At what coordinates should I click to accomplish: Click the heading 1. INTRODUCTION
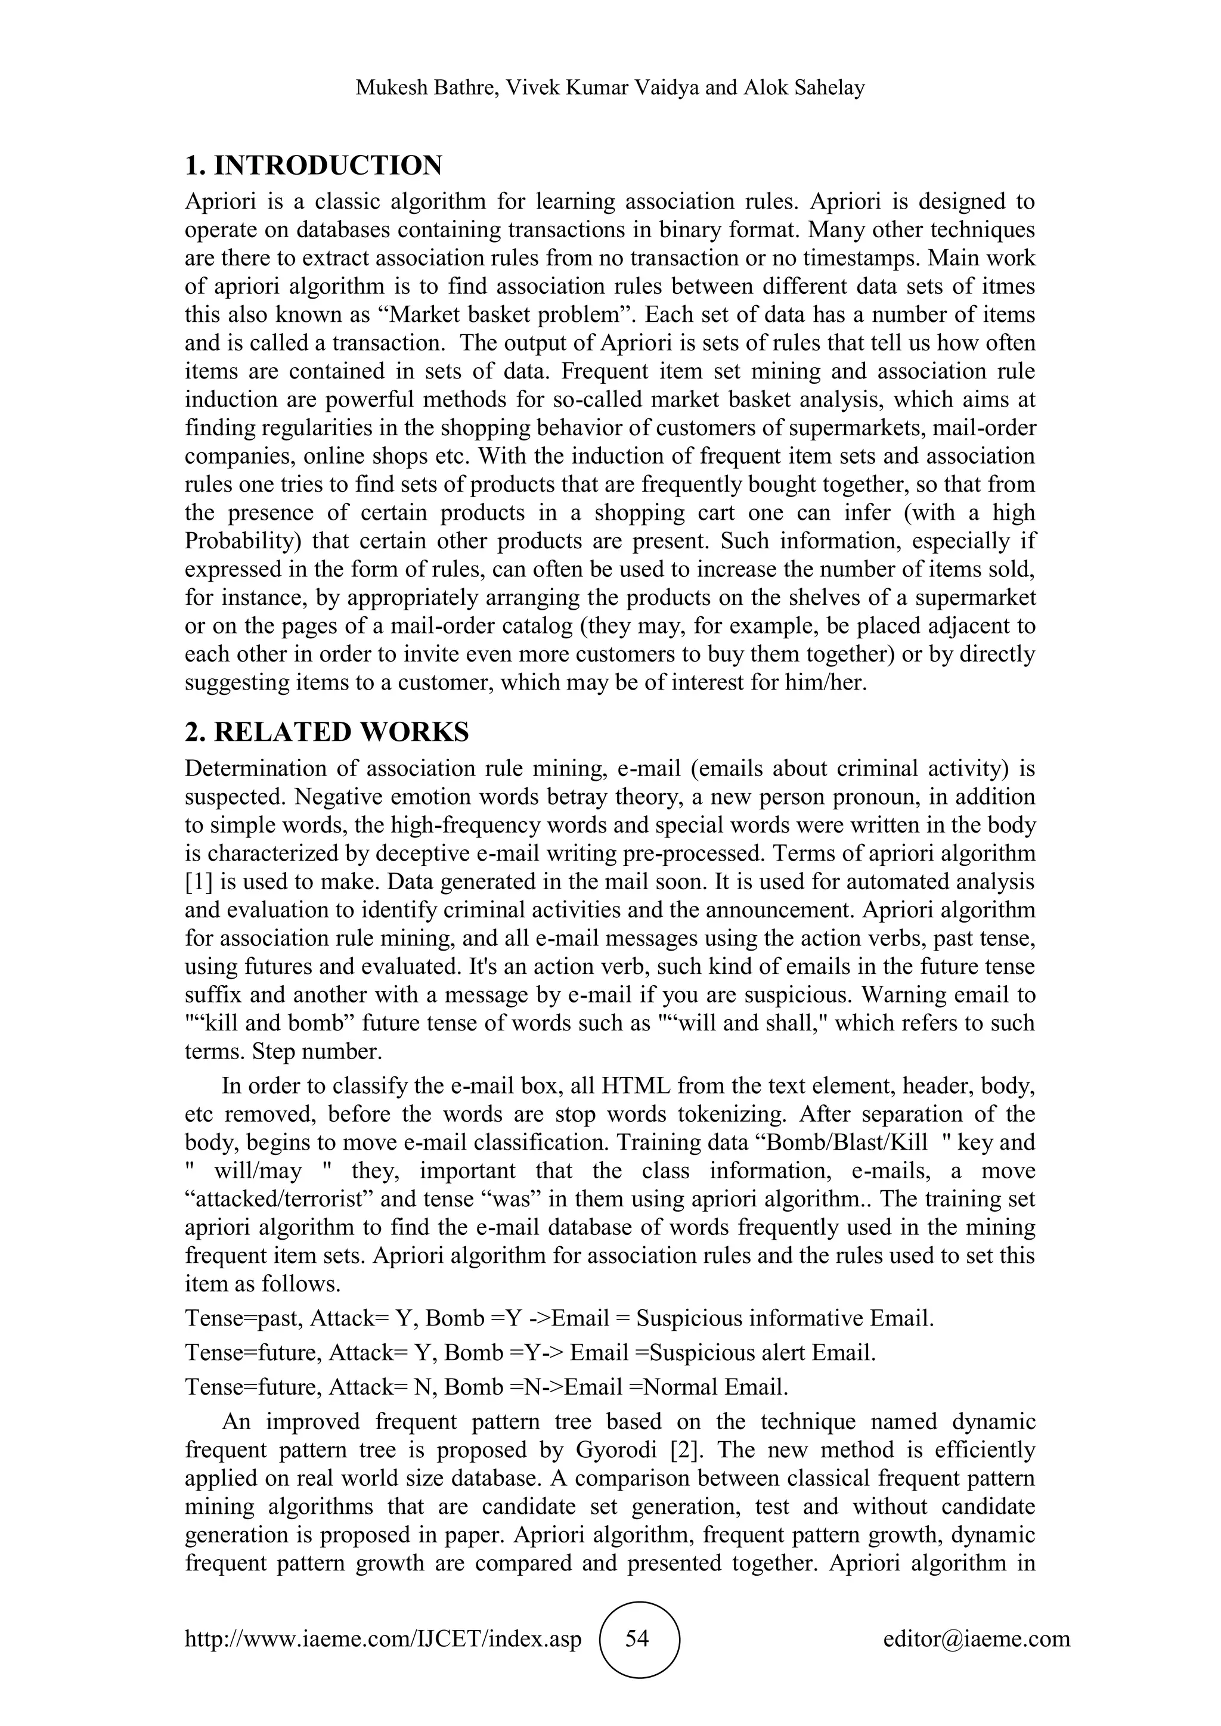tap(314, 165)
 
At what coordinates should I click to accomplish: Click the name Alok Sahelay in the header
tap(804, 88)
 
